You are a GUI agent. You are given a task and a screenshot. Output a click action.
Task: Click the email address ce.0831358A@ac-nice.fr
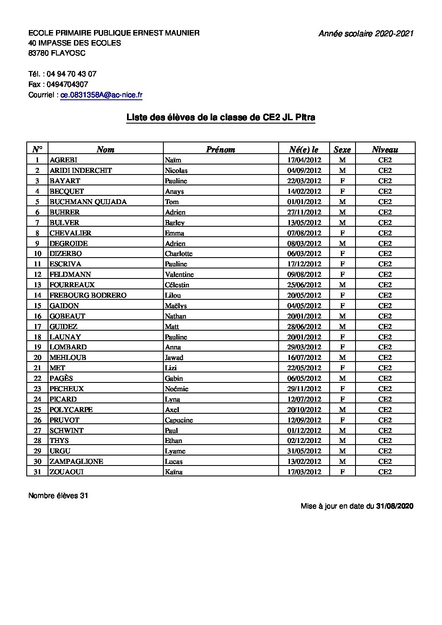(x=102, y=95)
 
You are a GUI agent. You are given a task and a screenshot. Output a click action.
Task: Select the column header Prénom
(x=221, y=149)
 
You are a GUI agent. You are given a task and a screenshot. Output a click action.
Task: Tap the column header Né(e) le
(x=304, y=149)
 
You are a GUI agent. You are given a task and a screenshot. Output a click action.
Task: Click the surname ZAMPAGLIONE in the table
(x=76, y=461)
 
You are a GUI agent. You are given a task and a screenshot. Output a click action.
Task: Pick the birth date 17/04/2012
(x=304, y=160)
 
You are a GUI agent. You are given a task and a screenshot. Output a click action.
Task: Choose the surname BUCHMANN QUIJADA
(x=88, y=202)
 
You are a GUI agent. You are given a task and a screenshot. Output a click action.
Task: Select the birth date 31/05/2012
(x=304, y=451)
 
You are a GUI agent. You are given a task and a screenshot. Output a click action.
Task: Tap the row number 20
(x=38, y=357)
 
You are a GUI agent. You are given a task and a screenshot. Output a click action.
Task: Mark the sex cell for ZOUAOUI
(x=342, y=472)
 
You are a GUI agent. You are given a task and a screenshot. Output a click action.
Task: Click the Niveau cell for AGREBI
(x=385, y=160)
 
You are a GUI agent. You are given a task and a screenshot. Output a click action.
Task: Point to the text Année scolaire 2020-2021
(x=366, y=34)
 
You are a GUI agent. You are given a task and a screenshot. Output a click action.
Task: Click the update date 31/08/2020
(x=395, y=506)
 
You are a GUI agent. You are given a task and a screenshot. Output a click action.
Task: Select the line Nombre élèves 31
(x=58, y=496)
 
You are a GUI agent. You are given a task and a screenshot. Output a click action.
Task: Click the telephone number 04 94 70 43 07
(x=71, y=74)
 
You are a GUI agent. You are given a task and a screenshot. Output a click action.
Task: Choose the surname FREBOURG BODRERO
(x=88, y=295)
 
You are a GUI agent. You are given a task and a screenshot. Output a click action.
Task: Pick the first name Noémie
(x=177, y=389)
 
